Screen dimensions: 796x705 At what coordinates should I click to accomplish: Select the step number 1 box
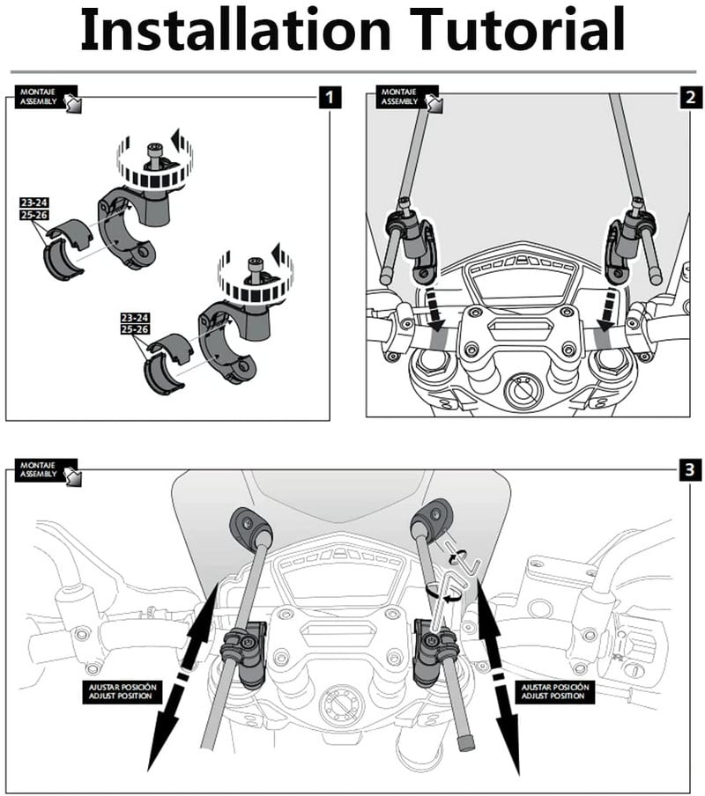pyautogui.click(x=329, y=97)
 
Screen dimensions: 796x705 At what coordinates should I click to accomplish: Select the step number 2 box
pyautogui.click(x=688, y=97)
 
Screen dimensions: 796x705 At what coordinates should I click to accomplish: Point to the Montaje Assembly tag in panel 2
pyautogui.click(x=406, y=97)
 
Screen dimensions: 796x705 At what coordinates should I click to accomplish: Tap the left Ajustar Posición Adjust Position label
pyautogui.click(x=120, y=690)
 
